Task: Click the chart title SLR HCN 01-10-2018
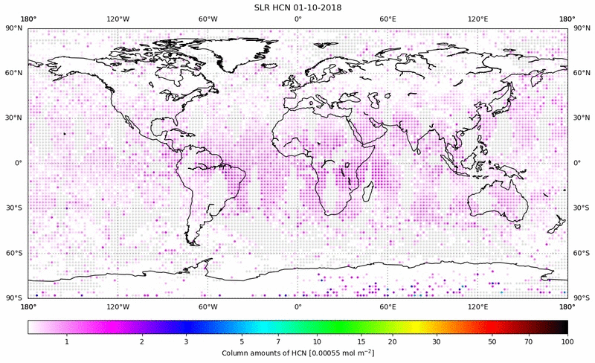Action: pyautogui.click(x=297, y=7)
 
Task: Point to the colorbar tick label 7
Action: pyautogui.click(x=277, y=341)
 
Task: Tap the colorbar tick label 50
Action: pyautogui.click(x=492, y=341)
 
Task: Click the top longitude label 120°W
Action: pyautogui.click(x=118, y=19)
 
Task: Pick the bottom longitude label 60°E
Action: pyautogui.click(x=387, y=306)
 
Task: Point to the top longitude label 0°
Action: pyautogui.click(x=297, y=19)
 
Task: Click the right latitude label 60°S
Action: pyautogui.click(x=580, y=252)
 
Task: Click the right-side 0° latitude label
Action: pyautogui.click(x=576, y=163)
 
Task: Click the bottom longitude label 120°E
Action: pyautogui.click(x=477, y=306)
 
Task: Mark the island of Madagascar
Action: pyautogui.click(x=367, y=193)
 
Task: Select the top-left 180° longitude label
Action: pyautogui.click(x=28, y=19)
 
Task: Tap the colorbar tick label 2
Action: pyautogui.click(x=141, y=341)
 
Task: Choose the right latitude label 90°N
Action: pyautogui.click(x=580, y=28)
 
